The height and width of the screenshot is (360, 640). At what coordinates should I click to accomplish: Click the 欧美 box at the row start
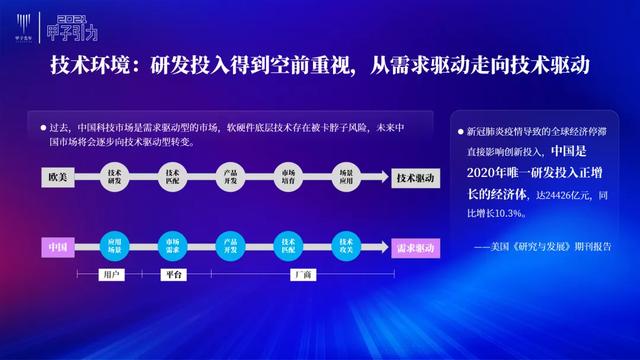click(57, 178)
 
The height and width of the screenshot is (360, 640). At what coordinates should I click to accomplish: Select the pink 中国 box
click(57, 245)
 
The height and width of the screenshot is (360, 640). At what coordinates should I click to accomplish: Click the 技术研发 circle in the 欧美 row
click(115, 178)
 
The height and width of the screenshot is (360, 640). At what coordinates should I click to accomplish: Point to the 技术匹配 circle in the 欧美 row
click(173, 178)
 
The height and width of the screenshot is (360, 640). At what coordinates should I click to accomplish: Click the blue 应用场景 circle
click(115, 245)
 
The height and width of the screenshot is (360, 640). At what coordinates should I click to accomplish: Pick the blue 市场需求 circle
click(173, 245)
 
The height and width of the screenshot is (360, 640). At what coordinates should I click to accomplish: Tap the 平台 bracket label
click(173, 273)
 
